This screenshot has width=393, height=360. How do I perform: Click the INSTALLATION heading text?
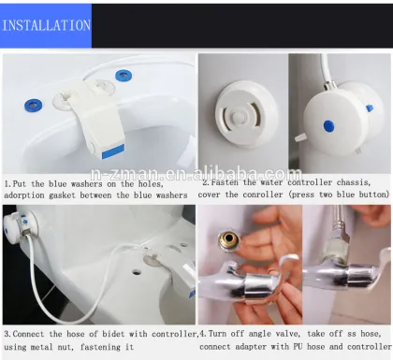pyautogui.click(x=47, y=25)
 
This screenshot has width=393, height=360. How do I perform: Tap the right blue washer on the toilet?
pyautogui.click(x=123, y=74)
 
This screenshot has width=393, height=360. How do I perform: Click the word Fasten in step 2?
pyautogui.click(x=231, y=183)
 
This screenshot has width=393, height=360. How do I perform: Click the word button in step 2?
pyautogui.click(x=372, y=196)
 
